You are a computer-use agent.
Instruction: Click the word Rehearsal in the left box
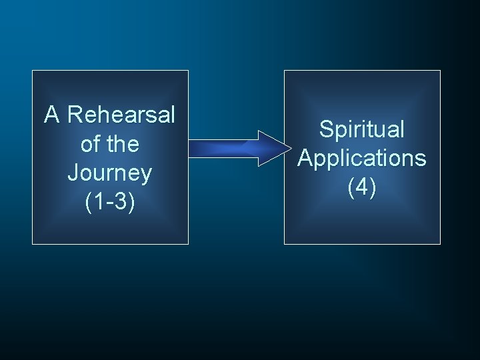[x=121, y=115]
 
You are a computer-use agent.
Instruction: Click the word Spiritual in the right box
[x=362, y=129]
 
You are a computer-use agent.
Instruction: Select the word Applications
[x=362, y=159]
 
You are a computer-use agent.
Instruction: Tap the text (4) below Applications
[x=362, y=188]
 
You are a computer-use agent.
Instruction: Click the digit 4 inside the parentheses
[x=362, y=188]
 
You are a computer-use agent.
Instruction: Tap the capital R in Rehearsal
[x=75, y=115]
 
